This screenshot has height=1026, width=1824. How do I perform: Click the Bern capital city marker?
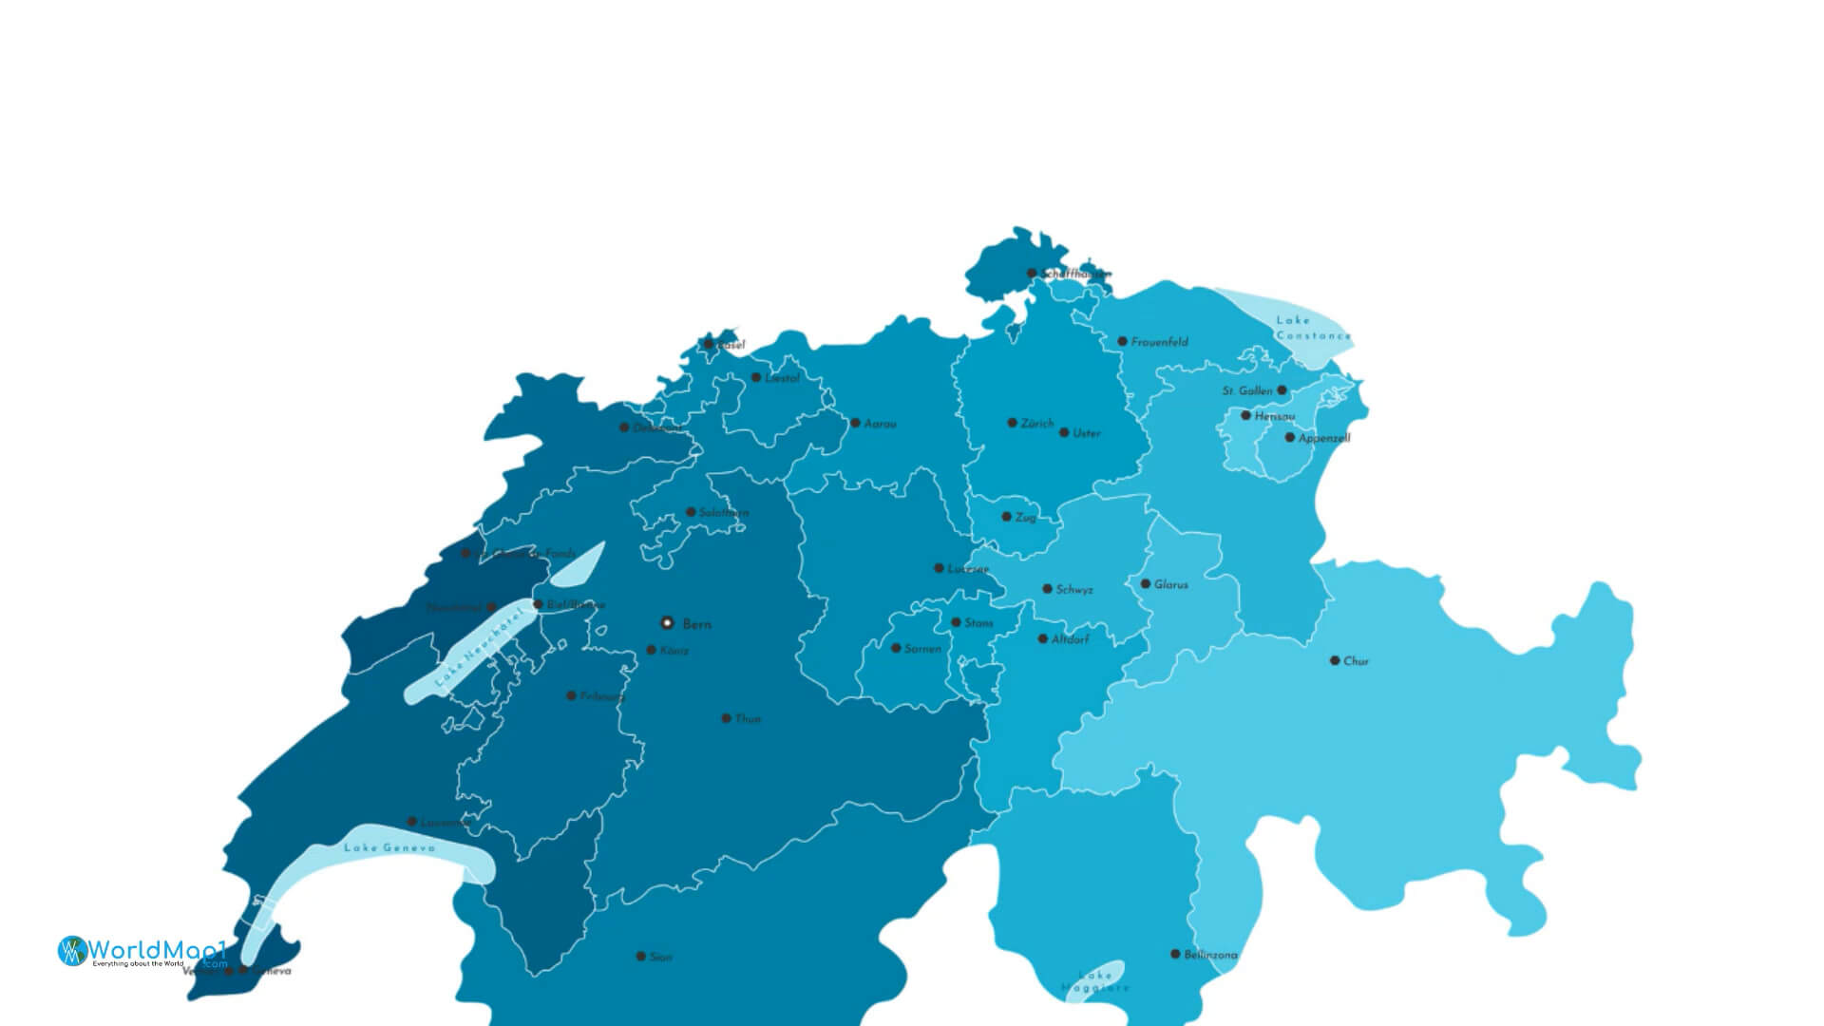pyautogui.click(x=667, y=623)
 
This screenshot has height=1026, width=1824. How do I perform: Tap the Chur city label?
pyautogui.click(x=1356, y=661)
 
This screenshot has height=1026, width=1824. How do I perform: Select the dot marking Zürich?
pyautogui.click(x=1013, y=423)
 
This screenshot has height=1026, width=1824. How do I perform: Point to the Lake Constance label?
pyautogui.click(x=1313, y=328)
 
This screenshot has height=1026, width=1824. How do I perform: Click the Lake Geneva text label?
pyautogui.click(x=389, y=847)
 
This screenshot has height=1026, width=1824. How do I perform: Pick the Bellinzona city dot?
pyautogui.click(x=1175, y=954)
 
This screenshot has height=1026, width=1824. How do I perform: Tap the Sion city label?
pyautogui.click(x=660, y=957)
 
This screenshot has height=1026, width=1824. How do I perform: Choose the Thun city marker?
pyautogui.click(x=726, y=718)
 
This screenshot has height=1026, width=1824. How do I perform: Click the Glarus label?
pyautogui.click(x=1170, y=584)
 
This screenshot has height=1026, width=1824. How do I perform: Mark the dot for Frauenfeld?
pyautogui.click(x=1122, y=341)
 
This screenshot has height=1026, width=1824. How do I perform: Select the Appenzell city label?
pyautogui.click(x=1323, y=438)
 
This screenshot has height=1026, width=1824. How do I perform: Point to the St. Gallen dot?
pyautogui.click(x=1282, y=390)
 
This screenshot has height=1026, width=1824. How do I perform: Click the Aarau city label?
pyautogui.click(x=880, y=424)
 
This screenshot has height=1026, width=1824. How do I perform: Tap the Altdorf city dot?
pyautogui.click(x=1042, y=639)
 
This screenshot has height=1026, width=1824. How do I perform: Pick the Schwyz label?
pyautogui.click(x=1073, y=590)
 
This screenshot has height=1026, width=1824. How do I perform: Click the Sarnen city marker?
pyautogui.click(x=896, y=648)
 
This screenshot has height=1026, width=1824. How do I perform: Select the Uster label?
pyautogui.click(x=1086, y=433)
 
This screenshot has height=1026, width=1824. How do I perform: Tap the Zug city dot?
pyautogui.click(x=1006, y=517)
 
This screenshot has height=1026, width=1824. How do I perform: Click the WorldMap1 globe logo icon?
pyautogui.click(x=72, y=950)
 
